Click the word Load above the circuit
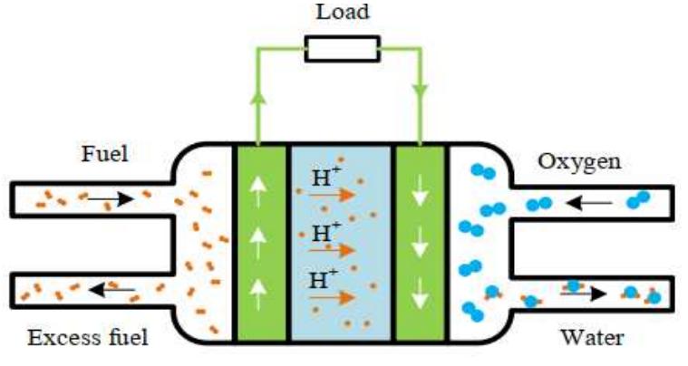point(341,13)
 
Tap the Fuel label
point(105,154)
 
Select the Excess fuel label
point(88,338)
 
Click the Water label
point(592,338)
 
